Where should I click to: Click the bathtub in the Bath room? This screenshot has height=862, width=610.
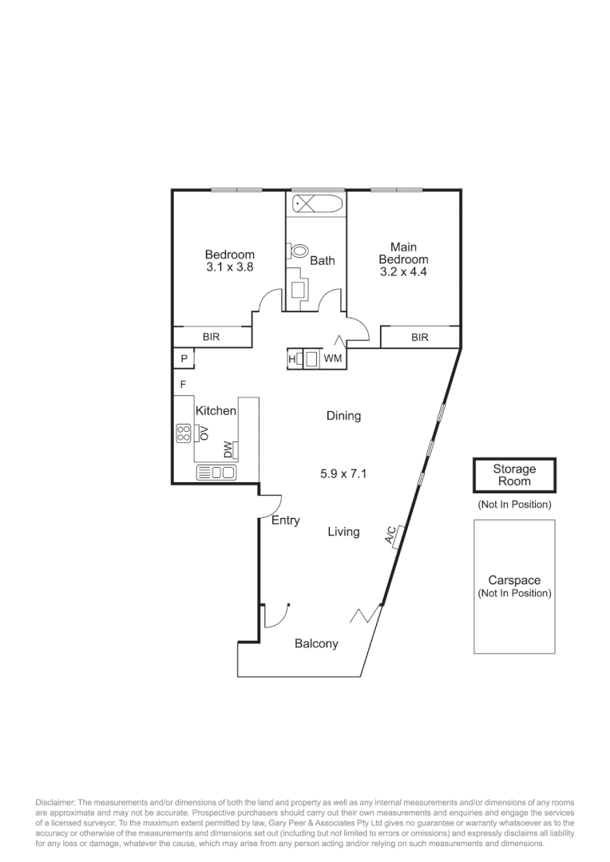(x=317, y=204)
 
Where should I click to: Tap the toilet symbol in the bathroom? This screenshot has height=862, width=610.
(x=299, y=251)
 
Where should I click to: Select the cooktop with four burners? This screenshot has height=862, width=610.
(x=184, y=433)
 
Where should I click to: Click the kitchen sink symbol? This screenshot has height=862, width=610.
(x=216, y=473)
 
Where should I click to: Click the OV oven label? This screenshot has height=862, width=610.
(x=204, y=433)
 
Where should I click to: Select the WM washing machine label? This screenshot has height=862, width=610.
(x=333, y=359)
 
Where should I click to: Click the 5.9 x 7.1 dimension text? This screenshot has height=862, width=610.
(x=343, y=473)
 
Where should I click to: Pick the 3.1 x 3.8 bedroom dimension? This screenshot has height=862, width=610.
(x=229, y=268)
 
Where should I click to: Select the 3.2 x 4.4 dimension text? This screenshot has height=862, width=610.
(x=403, y=272)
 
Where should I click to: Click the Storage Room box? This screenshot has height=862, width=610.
(x=514, y=476)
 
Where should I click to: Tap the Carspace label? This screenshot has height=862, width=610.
(x=514, y=581)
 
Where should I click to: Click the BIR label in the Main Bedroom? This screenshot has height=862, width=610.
(x=420, y=338)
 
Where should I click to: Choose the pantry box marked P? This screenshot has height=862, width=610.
(x=184, y=359)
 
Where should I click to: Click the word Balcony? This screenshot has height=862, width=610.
(x=316, y=644)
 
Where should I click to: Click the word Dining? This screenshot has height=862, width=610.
(x=343, y=416)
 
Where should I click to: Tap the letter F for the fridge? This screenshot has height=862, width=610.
(x=183, y=385)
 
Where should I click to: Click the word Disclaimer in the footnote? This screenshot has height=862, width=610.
(x=53, y=801)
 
